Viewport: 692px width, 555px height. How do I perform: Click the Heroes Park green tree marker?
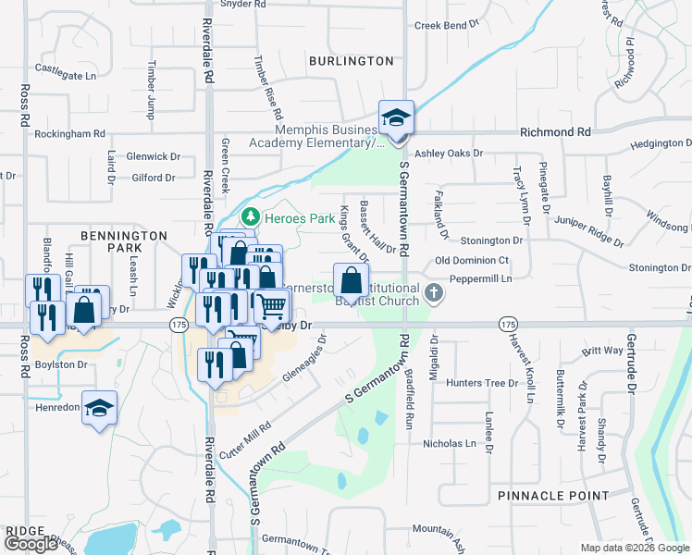(x=249, y=216)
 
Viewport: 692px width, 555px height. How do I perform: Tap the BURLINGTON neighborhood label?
(x=351, y=61)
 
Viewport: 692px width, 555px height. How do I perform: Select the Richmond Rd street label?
(x=555, y=133)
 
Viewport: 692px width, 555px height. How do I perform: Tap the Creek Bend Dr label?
(x=449, y=26)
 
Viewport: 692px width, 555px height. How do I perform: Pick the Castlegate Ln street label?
(x=66, y=68)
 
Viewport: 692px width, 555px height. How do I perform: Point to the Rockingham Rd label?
(x=69, y=134)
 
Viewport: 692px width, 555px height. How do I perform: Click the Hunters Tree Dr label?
(x=482, y=383)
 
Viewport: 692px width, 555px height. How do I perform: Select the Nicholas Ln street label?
(x=449, y=444)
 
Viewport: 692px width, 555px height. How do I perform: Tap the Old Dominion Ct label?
(x=478, y=261)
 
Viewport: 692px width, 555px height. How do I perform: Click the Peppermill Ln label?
(x=480, y=278)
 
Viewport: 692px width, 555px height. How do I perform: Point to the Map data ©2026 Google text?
(x=634, y=548)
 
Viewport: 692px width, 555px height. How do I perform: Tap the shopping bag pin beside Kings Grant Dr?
(x=352, y=280)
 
